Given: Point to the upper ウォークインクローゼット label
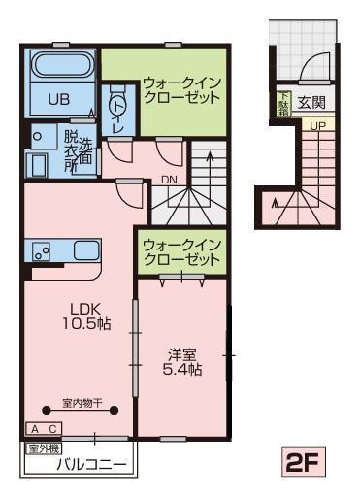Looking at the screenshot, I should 180,90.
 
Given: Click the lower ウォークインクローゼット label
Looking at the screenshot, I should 180,251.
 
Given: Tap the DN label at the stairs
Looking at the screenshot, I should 170,179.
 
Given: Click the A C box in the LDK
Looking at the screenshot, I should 44,428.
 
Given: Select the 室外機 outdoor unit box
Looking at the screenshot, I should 43,448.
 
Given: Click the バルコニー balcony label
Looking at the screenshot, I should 90,466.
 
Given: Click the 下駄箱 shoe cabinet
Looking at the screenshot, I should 284,101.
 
